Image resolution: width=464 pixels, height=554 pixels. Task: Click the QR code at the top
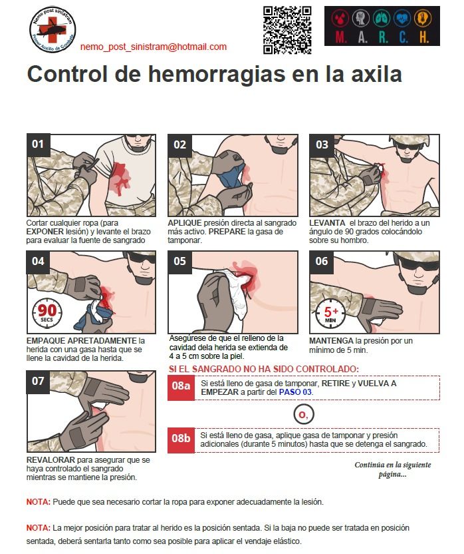(x=287, y=30)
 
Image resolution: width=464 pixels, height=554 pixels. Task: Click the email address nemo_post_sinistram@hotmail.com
(x=154, y=47)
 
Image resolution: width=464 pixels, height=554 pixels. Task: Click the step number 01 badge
(x=38, y=144)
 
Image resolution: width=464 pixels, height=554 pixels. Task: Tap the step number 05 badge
(x=179, y=261)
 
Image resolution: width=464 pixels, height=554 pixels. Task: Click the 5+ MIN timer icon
(x=330, y=314)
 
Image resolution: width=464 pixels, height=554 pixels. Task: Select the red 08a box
(x=181, y=388)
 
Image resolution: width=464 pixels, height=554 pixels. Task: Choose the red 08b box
(x=181, y=440)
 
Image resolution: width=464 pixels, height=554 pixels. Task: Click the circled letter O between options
(x=303, y=414)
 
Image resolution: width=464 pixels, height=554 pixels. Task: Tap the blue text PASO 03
(x=295, y=392)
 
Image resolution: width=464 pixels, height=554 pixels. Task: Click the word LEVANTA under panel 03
(x=327, y=223)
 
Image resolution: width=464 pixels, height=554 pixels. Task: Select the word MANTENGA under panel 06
(x=331, y=341)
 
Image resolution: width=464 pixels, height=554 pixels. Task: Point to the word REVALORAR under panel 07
(x=51, y=460)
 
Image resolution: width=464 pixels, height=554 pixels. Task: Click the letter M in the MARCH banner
(x=340, y=37)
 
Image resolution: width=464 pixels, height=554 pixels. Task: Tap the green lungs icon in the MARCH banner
(x=382, y=18)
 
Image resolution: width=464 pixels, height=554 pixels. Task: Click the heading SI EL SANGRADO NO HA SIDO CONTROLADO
(x=264, y=369)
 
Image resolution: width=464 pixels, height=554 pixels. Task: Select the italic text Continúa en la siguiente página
(x=393, y=469)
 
